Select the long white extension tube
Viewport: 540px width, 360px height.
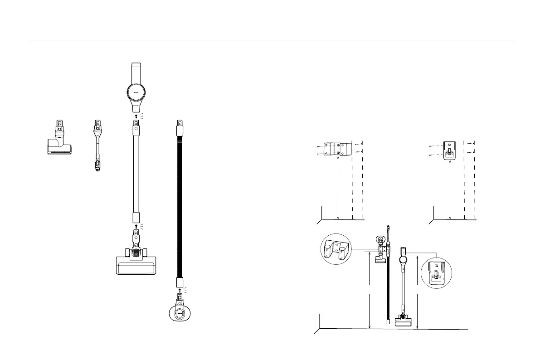coord(136,172)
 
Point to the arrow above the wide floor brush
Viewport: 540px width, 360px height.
coord(136,225)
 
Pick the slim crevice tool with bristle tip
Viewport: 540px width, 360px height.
coord(97,145)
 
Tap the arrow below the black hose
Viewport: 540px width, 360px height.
coord(180,289)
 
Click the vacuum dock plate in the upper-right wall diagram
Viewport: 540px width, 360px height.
coord(449,149)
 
